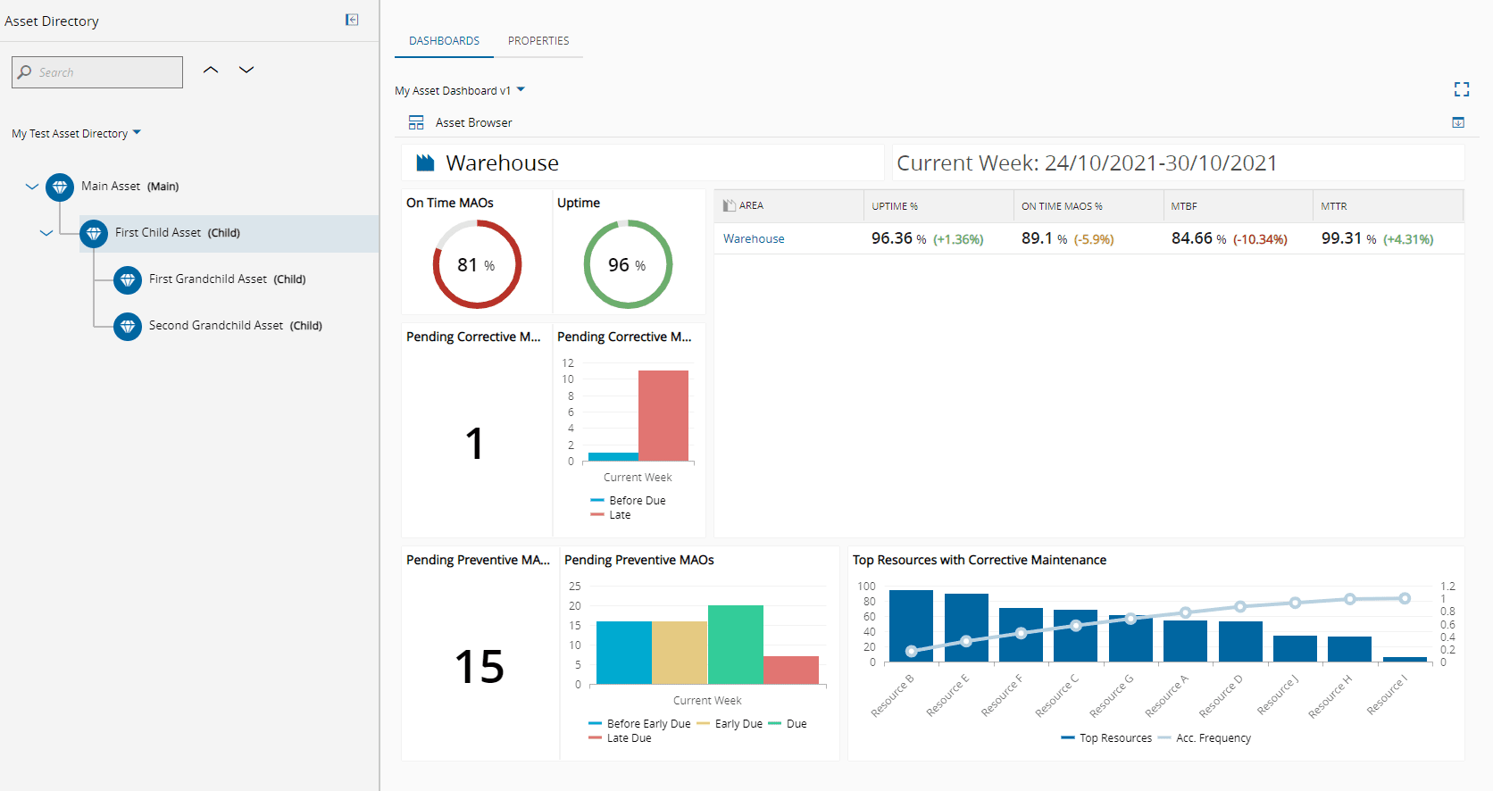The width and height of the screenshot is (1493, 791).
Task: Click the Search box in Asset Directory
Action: (x=97, y=72)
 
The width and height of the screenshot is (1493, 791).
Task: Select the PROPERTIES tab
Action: (x=538, y=41)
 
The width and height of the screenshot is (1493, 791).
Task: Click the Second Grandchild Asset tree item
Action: (x=216, y=326)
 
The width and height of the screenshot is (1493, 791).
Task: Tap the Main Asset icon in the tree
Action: (x=60, y=187)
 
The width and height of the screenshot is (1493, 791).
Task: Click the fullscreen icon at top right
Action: (x=1461, y=89)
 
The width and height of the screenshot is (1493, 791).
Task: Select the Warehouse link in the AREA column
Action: (x=754, y=239)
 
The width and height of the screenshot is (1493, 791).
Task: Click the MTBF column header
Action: (x=1184, y=206)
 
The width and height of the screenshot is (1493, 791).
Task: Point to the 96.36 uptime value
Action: (x=891, y=238)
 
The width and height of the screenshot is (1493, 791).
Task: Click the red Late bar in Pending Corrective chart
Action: (x=663, y=415)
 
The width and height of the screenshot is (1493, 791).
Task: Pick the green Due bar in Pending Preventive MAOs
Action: (x=735, y=644)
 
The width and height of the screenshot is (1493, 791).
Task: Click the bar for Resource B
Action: (x=911, y=625)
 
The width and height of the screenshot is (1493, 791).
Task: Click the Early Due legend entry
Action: (x=738, y=724)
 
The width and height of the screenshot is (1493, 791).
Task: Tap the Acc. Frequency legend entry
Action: (x=1213, y=738)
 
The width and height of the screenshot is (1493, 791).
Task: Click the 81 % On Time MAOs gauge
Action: (x=477, y=264)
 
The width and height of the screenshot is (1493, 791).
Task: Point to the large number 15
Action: (x=480, y=667)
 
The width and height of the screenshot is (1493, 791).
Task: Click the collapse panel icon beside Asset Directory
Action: (x=352, y=20)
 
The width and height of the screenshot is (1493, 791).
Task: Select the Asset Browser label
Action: (x=473, y=123)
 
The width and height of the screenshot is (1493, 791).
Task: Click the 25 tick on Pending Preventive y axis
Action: (x=575, y=587)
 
